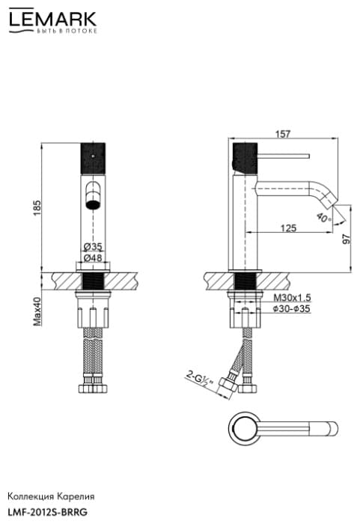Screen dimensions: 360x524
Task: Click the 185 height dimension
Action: [37, 207]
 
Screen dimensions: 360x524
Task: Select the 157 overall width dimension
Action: [283, 134]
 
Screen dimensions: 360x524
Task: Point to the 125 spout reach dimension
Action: [288, 228]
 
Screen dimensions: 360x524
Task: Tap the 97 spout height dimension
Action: [347, 239]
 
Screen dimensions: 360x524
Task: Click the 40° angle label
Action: [324, 218]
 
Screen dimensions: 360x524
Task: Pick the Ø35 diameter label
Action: [93, 246]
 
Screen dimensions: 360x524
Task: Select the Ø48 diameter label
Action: [93, 258]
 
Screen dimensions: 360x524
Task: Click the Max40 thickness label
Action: [37, 311]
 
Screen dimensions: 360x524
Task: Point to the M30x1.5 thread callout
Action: [292, 297]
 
